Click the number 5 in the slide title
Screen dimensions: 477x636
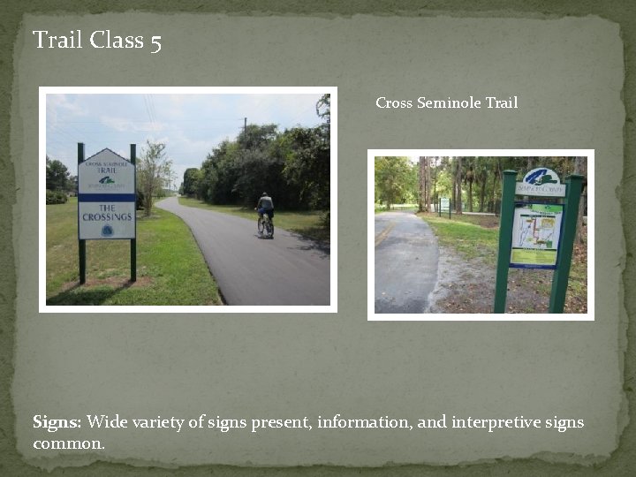[x=155, y=42]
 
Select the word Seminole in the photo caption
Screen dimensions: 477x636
[x=450, y=102]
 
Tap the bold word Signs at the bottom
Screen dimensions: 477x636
[x=56, y=422]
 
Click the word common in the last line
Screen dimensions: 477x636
[x=67, y=443]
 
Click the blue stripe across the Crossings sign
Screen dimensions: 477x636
[x=107, y=197]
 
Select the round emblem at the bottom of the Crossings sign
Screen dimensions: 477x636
[x=107, y=230]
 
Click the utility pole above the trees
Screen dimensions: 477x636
[x=246, y=126]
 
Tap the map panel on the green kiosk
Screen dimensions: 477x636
[x=536, y=231]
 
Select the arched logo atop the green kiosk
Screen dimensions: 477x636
[x=541, y=176]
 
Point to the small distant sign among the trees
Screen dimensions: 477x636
[x=445, y=205]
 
